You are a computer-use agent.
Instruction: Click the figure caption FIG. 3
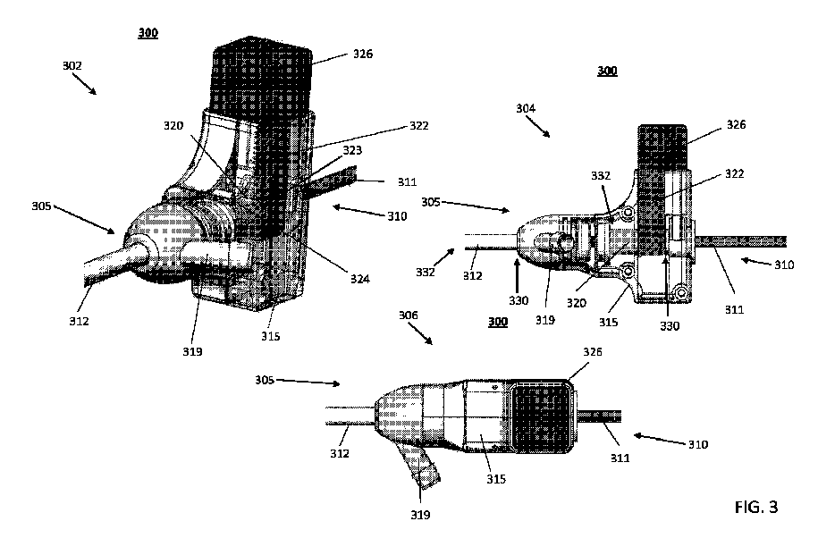[x=755, y=508]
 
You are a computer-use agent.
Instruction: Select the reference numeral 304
[x=527, y=108]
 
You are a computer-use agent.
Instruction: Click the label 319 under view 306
[x=419, y=515]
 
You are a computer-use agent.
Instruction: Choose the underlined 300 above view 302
[x=148, y=33]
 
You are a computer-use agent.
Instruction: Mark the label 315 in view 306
[x=495, y=478]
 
